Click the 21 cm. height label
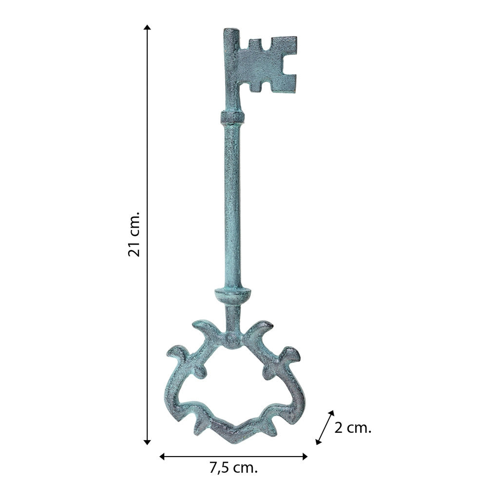(x=134, y=233)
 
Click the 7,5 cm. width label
(x=233, y=468)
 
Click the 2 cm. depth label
(x=353, y=428)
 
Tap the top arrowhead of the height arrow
(x=147, y=27)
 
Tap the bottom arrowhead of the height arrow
(x=147, y=441)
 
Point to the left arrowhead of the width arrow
(x=162, y=457)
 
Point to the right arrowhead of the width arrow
(x=304, y=457)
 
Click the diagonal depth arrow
(x=325, y=427)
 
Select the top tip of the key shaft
(x=231, y=29)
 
